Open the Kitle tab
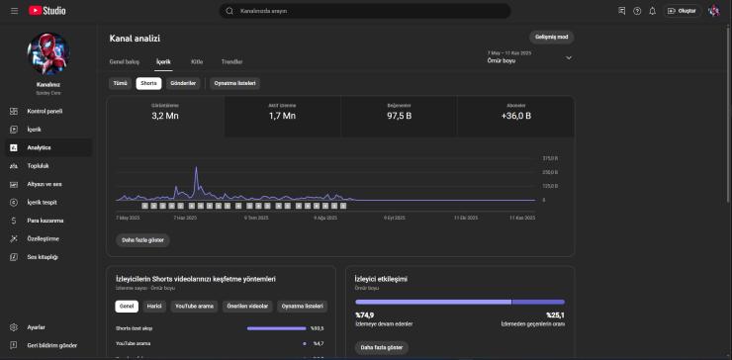point(197,61)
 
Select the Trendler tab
point(231,61)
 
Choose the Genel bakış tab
point(125,61)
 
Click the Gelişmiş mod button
point(552,37)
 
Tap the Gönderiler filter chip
point(184,83)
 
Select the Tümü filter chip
point(120,83)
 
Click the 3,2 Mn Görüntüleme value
point(164,116)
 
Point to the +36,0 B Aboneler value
point(515,116)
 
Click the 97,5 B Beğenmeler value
point(399,116)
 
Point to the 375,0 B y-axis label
point(550,158)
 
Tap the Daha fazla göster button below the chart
point(142,239)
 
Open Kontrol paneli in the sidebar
point(45,112)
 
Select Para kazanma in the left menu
point(45,221)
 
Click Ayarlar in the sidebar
point(36,326)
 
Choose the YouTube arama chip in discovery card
point(194,307)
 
